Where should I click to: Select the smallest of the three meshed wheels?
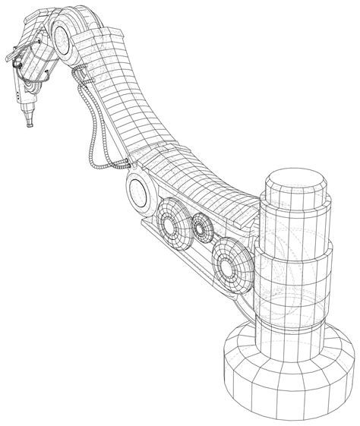pyautogui.click(x=201, y=226)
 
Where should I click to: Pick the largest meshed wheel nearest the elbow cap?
pyautogui.click(x=173, y=216)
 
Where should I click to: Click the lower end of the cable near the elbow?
pyautogui.click(x=122, y=163)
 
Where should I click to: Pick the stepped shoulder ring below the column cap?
pyautogui.click(x=296, y=224)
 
